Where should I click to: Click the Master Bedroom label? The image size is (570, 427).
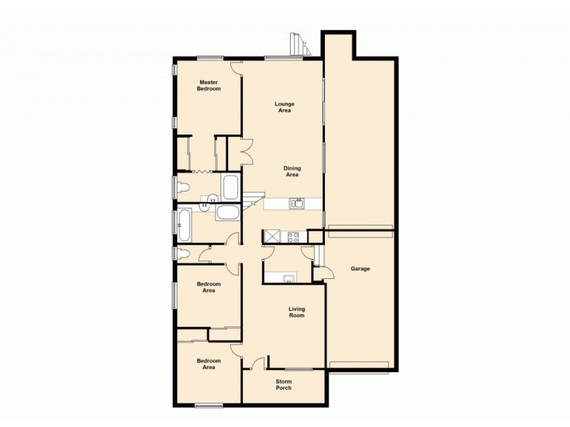click(x=209, y=85)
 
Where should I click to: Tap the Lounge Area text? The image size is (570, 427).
click(x=285, y=107)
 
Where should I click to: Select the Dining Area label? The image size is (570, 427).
click(x=292, y=172)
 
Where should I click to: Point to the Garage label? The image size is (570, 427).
click(x=360, y=269)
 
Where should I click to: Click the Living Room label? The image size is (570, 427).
click(x=296, y=312)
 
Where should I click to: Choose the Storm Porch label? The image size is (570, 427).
click(x=284, y=384)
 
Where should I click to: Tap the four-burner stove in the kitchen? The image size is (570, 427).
click(x=291, y=236)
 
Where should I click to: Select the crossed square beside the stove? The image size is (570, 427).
click(x=271, y=236)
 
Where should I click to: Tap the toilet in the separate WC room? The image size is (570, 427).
click(x=183, y=253)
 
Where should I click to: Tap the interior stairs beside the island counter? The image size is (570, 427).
click(x=253, y=201)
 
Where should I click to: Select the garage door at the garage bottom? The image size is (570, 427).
click(x=359, y=367)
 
